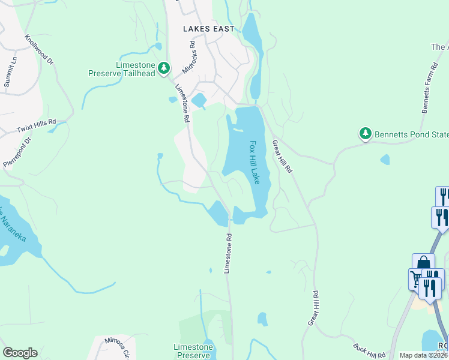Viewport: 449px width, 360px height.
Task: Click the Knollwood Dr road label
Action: [x=39, y=49]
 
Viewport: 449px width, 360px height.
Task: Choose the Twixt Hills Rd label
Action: [x=36, y=125]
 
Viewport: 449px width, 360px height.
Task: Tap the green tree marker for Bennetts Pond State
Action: [x=365, y=133]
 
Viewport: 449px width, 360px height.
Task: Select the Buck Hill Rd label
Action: [x=369, y=351]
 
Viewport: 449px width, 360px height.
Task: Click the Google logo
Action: [x=20, y=352]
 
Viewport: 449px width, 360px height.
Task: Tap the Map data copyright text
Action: [x=423, y=355]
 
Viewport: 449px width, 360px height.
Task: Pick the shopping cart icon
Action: [x=416, y=278]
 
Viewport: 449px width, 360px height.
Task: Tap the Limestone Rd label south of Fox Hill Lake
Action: [x=228, y=254]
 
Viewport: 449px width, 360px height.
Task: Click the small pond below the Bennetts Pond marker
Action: [x=384, y=160]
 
